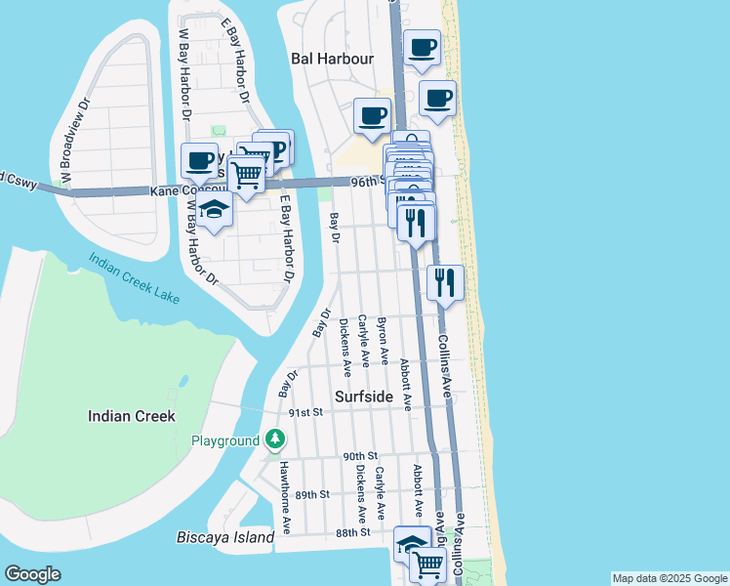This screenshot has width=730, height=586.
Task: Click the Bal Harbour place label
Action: pyautogui.click(x=333, y=59)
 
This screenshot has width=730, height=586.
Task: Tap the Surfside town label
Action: pyautogui.click(x=364, y=398)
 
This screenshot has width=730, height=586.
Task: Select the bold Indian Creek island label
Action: pyautogui.click(x=132, y=416)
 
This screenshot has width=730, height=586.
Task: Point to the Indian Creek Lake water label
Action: pyautogui.click(x=134, y=279)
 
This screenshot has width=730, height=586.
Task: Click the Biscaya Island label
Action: pyautogui.click(x=225, y=538)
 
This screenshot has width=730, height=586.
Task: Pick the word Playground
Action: pyautogui.click(x=224, y=441)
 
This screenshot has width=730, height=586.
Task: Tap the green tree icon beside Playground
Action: pyautogui.click(x=275, y=441)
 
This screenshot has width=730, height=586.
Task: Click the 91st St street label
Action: pyautogui.click(x=305, y=413)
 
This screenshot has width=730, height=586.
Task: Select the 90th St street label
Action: pyautogui.click(x=359, y=456)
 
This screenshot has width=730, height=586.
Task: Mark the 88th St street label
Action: pyautogui.click(x=352, y=532)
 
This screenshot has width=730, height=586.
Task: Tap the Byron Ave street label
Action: pyautogui.click(x=383, y=341)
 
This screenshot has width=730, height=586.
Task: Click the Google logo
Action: pyautogui.click(x=33, y=574)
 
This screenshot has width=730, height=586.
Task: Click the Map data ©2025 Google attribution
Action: pyautogui.click(x=669, y=578)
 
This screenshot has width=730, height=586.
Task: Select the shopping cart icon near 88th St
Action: pyautogui.click(x=427, y=563)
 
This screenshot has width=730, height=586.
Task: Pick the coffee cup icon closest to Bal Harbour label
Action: pyautogui.click(x=372, y=115)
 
